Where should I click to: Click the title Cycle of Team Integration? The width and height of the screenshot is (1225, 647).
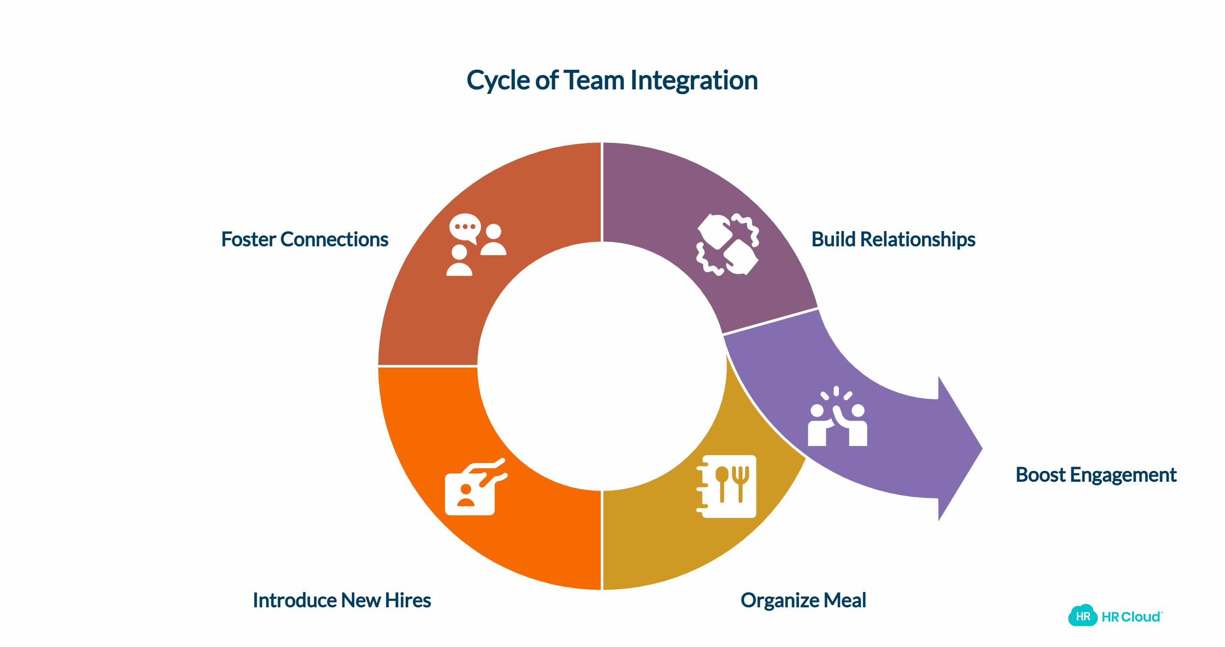point(612,80)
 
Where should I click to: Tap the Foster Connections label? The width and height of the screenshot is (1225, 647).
point(305,239)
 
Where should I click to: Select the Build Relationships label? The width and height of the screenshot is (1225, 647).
point(893,239)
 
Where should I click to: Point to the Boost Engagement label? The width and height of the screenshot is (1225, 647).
point(1096,474)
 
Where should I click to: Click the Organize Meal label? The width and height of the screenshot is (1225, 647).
point(803,600)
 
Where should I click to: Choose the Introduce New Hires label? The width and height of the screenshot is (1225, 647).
point(342,600)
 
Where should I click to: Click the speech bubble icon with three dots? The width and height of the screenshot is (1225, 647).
point(465,227)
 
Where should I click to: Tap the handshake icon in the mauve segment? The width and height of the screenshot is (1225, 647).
point(728,244)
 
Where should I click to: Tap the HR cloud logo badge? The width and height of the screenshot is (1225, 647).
point(1083,616)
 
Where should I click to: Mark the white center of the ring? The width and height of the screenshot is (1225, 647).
point(602,366)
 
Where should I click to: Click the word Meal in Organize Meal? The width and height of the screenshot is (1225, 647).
point(845,600)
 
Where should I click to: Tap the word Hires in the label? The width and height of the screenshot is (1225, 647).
point(407,600)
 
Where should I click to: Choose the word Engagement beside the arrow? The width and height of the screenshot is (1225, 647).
point(1123,474)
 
